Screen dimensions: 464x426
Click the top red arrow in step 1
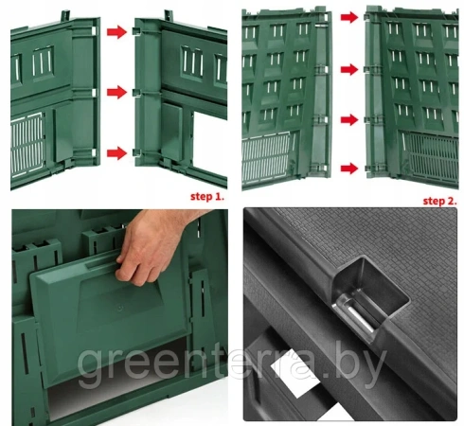click(116, 32)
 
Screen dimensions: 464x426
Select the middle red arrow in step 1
click(116, 92)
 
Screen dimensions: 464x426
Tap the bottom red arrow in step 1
click(116, 153)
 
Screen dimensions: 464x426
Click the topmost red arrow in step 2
click(349, 17)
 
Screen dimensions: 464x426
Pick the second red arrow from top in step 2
click(349, 69)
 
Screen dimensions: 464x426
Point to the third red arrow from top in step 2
click(349, 119)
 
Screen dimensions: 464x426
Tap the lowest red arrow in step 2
click(349, 169)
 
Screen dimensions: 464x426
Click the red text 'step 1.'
click(207, 197)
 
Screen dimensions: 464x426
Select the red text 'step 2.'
click(439, 201)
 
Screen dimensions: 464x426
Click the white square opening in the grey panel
click(294, 379)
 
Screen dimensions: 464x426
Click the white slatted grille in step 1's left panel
click(27, 145)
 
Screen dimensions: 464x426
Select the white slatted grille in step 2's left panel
click(266, 160)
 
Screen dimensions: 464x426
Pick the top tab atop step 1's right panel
click(169, 16)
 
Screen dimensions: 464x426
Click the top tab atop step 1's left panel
click(65, 16)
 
